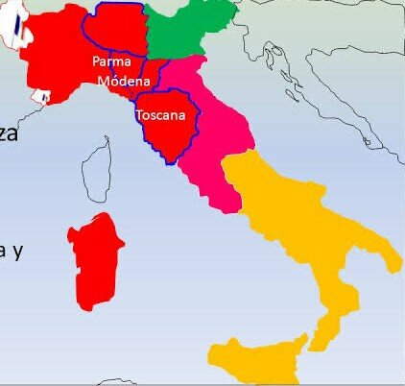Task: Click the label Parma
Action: pyautogui.click(x=110, y=61)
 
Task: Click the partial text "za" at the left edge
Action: pyautogui.click(x=9, y=133)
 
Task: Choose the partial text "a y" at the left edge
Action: pyautogui.click(x=10, y=251)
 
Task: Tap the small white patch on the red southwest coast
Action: pyautogui.click(x=41, y=96)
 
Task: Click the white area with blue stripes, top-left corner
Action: pyautogui.click(x=13, y=29)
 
